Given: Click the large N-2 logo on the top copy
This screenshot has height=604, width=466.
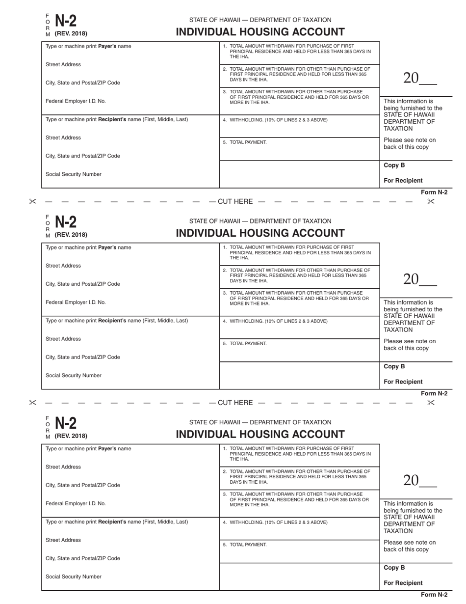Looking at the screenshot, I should click(65, 21).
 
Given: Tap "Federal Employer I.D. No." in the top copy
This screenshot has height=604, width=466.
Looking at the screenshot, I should click(76, 101).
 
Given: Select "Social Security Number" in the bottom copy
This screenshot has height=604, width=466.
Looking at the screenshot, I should click(74, 577).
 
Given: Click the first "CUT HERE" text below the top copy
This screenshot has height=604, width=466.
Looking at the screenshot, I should click(235, 201).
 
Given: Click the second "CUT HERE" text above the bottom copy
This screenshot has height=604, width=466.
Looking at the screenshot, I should click(235, 403).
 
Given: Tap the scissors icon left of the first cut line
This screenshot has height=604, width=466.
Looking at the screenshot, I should click(33, 201).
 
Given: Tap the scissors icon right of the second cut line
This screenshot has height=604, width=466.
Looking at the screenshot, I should click(431, 403).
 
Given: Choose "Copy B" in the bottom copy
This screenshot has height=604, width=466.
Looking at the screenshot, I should click(394, 568).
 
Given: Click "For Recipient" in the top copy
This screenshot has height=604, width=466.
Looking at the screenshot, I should click(403, 181).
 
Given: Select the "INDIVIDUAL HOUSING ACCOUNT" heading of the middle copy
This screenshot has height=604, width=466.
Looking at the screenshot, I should click(260, 233).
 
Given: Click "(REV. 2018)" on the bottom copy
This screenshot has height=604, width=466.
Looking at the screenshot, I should click(71, 436).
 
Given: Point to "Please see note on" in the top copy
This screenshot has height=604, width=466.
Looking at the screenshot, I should click(410, 140).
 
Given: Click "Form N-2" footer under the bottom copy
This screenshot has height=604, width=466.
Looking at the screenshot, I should click(434, 595).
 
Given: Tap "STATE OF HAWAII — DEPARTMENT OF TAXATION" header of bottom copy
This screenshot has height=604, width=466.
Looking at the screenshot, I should click(260, 422).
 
